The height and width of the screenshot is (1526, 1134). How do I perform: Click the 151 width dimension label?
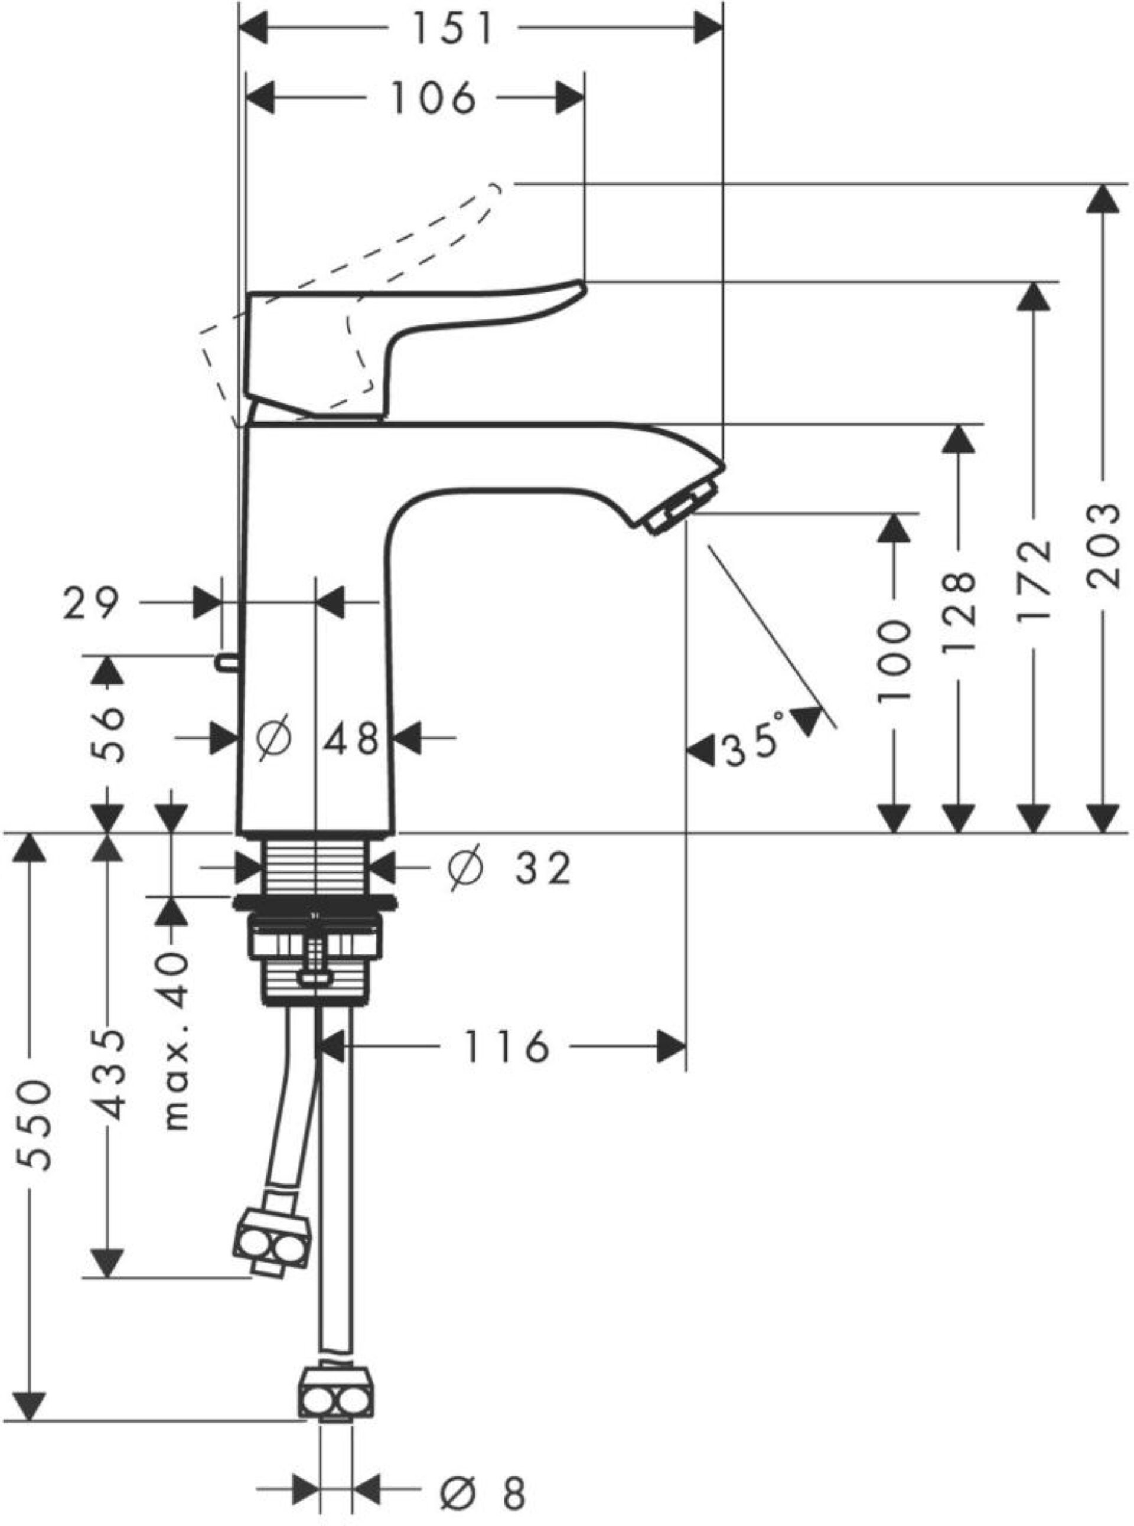point(452,29)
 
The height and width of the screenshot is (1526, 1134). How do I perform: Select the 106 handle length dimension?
point(432,97)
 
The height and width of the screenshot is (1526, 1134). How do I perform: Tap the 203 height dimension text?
point(1104,546)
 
